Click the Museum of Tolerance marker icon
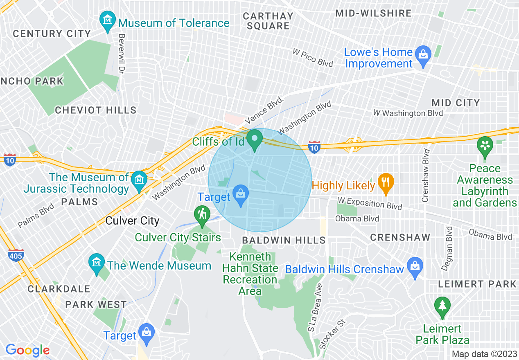tap(108, 21)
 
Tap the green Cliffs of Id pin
tap(256, 139)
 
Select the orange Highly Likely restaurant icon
tap(386, 183)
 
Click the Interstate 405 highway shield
tap(16, 255)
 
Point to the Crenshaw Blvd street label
tap(426, 175)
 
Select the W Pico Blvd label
tap(312, 58)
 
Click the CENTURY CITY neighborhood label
tap(52, 34)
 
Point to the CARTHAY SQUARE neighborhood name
tap(268, 21)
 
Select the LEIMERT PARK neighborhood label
tap(477, 284)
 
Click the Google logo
tap(27, 350)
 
